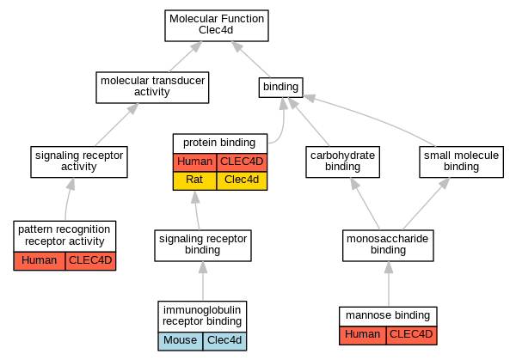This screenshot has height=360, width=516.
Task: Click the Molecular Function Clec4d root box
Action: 217,26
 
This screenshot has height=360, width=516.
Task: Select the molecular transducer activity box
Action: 152,88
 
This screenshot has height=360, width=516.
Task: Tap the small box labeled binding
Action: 280,88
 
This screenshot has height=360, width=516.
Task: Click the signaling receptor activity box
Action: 79,162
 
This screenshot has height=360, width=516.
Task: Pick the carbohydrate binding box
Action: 342,162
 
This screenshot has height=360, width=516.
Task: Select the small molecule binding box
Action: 461,162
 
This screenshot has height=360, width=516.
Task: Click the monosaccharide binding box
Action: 388,246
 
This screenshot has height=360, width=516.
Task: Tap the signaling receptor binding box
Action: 203,246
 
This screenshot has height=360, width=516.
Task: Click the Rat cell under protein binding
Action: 194,180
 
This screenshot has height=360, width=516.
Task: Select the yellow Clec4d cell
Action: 242,180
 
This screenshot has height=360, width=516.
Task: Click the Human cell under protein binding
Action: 194,162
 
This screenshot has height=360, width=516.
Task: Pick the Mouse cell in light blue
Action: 180,341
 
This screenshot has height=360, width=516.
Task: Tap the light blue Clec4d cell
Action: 224,341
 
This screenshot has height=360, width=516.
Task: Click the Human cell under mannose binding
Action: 363,335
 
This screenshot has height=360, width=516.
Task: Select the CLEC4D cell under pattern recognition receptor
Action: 90,261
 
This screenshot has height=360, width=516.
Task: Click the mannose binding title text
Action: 388,315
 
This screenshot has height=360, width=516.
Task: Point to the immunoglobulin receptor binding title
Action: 202,315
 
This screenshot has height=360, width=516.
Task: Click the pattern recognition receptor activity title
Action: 64,235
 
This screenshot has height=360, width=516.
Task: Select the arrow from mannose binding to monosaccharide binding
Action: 389,284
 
